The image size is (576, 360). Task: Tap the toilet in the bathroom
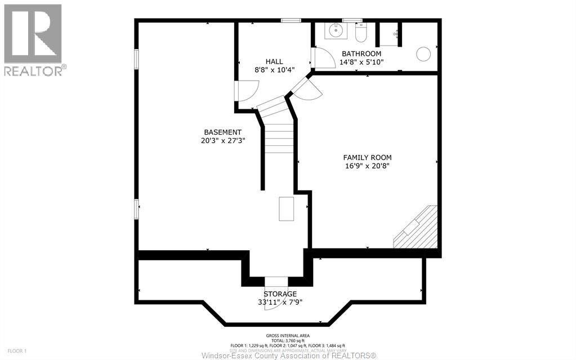coord(361,33)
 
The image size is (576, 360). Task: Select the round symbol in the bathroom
coord(423,54)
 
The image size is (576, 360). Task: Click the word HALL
coord(274,61)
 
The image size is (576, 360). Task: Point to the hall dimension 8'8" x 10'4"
coord(274,70)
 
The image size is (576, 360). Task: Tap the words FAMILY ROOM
coord(367,158)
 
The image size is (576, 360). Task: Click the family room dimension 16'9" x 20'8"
coord(367,166)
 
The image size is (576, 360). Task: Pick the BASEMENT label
coord(222,132)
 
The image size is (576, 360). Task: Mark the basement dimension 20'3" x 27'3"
coord(222,141)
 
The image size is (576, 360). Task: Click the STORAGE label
coord(280,294)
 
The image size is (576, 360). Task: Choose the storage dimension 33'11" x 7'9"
coord(280,302)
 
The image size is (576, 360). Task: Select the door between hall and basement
coord(247,90)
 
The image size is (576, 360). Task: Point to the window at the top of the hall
coord(291,21)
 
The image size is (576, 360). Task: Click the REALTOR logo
coord(33,40)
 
